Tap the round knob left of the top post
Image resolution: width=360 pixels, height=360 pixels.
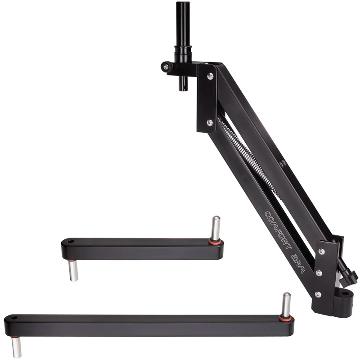166,67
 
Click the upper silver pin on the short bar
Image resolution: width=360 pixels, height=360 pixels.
216,228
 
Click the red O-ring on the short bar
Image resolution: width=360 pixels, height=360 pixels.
216,241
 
